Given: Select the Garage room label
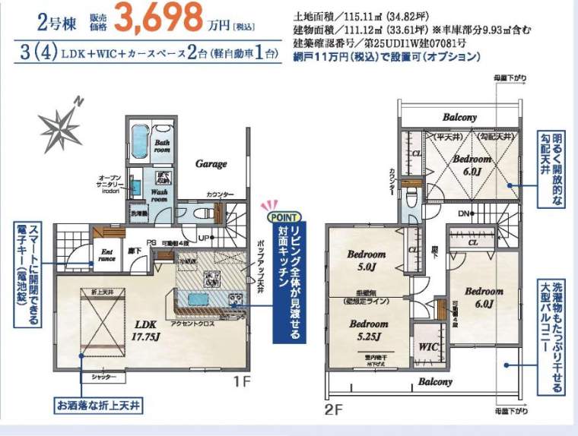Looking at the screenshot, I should (211, 163).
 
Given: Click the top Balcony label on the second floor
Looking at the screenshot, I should (459, 118).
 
